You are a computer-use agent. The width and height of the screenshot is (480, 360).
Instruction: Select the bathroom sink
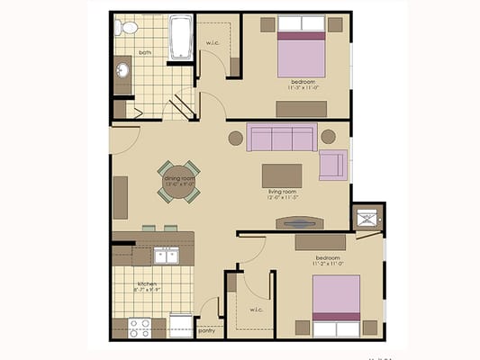click(122, 70)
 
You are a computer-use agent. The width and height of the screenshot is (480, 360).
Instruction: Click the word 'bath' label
click(145, 52)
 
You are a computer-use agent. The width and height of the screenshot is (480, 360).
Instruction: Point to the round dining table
click(179, 181)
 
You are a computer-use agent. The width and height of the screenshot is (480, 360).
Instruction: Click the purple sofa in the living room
click(282, 138)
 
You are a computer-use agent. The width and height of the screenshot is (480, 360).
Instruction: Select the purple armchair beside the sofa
click(332, 165)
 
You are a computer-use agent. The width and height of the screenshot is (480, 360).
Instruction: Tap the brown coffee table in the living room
click(282, 174)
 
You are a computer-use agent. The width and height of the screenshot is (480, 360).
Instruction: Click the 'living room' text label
click(282, 192)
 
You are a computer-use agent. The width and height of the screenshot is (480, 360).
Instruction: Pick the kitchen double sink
click(165, 256)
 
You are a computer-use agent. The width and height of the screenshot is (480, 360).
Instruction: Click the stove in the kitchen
click(139, 328)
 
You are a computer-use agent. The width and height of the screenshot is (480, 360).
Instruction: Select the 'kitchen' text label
click(148, 283)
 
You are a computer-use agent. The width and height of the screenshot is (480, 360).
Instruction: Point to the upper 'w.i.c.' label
click(214, 43)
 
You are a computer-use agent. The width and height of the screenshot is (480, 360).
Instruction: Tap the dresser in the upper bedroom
click(301, 109)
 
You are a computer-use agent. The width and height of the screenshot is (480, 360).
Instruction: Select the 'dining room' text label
click(178, 178)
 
